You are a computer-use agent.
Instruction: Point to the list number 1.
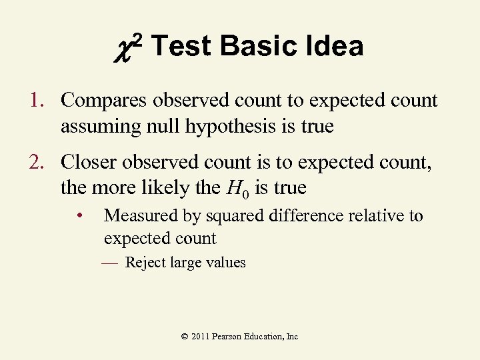click(35, 101)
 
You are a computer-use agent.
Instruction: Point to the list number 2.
click(35, 162)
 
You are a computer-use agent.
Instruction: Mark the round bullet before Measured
click(79, 216)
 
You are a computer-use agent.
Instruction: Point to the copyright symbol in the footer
click(185, 337)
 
